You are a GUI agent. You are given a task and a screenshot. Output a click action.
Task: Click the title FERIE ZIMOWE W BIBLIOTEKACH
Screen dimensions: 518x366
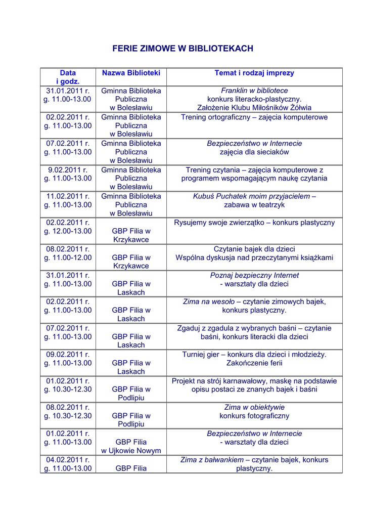click(182, 49)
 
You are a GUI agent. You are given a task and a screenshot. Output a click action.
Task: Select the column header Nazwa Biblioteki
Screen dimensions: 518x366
click(131, 73)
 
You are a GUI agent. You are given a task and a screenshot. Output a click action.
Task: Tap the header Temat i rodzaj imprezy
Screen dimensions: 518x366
click(254, 73)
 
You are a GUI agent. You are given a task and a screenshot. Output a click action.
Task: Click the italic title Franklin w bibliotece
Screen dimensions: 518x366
click(254, 91)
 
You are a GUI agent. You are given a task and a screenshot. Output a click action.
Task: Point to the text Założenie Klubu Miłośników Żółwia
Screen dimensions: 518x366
click(254, 108)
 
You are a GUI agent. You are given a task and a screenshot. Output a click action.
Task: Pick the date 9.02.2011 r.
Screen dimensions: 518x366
click(68, 170)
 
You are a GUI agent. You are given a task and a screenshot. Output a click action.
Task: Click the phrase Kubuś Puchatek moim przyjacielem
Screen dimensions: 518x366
click(251, 196)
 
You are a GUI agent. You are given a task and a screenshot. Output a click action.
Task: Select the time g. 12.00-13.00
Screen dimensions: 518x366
click(68, 231)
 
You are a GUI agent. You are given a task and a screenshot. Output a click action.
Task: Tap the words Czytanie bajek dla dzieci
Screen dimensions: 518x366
click(254, 249)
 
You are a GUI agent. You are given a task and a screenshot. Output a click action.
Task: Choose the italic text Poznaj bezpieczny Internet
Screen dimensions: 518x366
click(254, 275)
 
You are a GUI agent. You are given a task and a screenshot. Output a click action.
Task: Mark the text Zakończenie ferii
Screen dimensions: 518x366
click(254, 363)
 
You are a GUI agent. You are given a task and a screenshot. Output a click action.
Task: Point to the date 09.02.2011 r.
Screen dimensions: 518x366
click(68, 355)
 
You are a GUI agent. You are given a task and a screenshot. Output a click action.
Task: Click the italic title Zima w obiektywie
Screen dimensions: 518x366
click(254, 407)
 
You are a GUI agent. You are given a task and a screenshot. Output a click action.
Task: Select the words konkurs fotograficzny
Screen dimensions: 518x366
click(254, 416)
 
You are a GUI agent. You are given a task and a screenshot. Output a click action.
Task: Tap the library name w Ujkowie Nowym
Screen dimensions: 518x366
click(131, 451)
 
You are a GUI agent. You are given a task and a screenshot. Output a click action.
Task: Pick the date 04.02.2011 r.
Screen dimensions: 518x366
click(68, 460)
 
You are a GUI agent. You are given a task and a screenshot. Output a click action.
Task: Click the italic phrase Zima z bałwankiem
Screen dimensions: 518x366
click(212, 460)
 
